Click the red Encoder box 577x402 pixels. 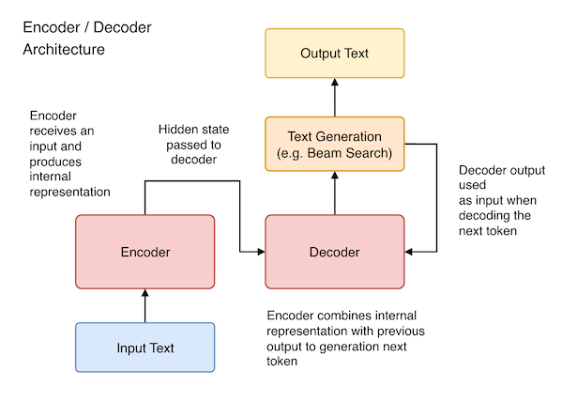coord(144,252)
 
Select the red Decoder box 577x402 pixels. coord(335,252)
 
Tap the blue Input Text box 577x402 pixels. coord(144,348)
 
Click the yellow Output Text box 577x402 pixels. coord(335,53)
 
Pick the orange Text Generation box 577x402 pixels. coord(335,144)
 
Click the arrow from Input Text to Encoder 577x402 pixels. coord(144,305)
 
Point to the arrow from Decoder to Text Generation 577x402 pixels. coord(335,193)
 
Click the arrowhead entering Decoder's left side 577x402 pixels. coord(260,252)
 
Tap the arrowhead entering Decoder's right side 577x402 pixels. coord(411,252)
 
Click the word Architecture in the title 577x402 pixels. coord(64,49)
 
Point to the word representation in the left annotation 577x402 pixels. coord(70,191)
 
